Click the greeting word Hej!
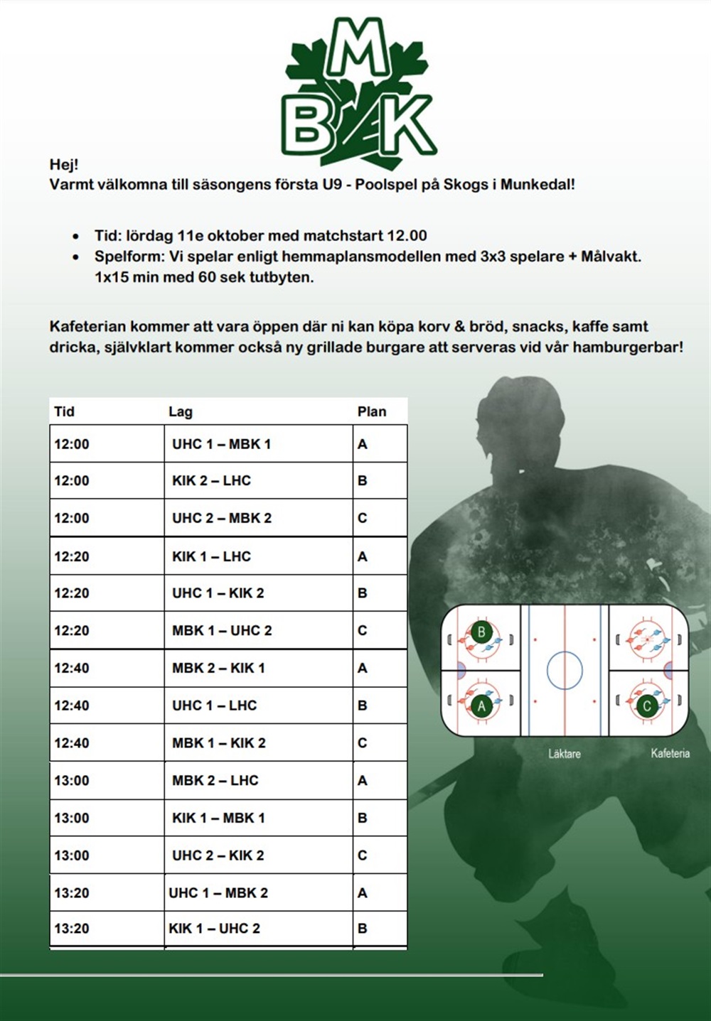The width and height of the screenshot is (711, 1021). point(64,165)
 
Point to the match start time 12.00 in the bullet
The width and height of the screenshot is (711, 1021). point(407,236)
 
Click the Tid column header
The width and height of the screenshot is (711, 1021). point(64,411)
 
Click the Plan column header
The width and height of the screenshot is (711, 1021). point(372,411)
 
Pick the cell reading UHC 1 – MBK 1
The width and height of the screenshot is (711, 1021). point(221,444)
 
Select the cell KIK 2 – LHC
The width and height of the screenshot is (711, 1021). point(211,481)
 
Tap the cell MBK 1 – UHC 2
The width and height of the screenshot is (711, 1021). point(222,630)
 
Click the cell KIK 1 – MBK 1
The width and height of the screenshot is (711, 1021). point(218,818)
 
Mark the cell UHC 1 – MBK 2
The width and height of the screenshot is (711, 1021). point(218,893)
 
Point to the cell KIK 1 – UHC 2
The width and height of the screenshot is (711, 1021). point(214,929)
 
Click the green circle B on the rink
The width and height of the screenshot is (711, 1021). point(481,632)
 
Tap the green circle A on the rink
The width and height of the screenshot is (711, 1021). point(481,706)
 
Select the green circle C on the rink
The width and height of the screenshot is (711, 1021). point(646,706)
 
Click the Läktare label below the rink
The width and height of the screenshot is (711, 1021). point(564,754)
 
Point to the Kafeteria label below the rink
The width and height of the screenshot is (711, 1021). point(670,753)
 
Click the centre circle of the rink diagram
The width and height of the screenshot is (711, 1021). point(565,670)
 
